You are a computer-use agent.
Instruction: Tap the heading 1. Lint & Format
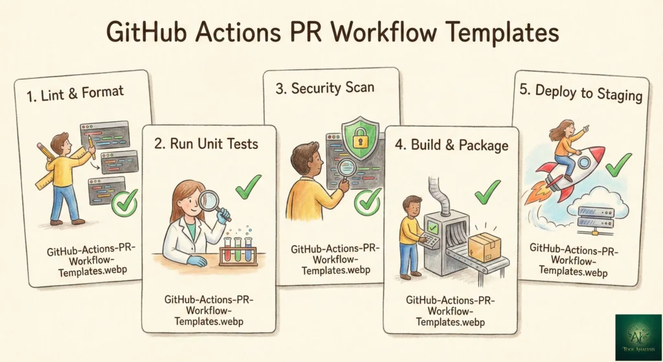(75, 93)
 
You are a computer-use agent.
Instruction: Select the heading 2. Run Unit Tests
(206, 144)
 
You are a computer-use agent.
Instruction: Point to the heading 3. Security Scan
(325, 88)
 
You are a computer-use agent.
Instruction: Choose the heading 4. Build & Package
(451, 145)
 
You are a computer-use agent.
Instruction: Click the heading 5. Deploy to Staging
(581, 93)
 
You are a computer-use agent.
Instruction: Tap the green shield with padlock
(360, 137)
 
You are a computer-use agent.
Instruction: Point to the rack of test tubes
(238, 251)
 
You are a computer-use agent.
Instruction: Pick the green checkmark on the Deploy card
(618, 165)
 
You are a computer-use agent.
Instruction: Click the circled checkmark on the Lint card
(125, 202)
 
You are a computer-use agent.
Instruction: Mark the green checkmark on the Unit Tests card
(248, 187)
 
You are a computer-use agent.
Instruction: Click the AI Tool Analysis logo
(638, 337)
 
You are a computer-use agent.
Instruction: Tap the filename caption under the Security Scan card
(335, 259)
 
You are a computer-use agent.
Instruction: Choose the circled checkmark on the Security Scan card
(368, 201)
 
